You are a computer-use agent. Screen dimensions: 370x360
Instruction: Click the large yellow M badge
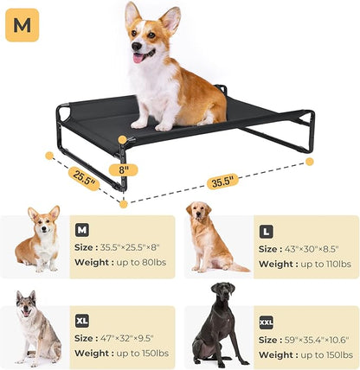click(22, 26)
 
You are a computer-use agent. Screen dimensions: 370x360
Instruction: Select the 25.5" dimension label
click(83, 178)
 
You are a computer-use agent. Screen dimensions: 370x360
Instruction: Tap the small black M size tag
click(82, 230)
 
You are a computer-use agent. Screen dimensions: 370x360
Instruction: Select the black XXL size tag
click(267, 321)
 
